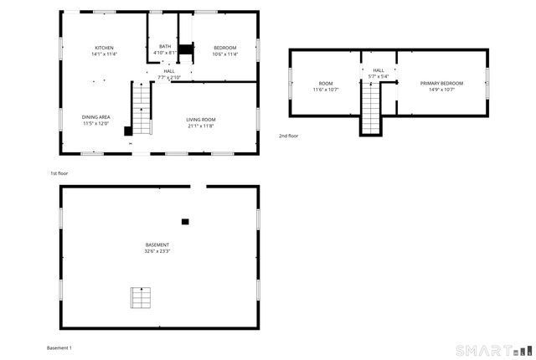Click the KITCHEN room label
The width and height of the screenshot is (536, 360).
(104, 48)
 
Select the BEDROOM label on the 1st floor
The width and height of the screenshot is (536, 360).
(224, 48)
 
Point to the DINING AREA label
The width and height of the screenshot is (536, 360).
(95, 117)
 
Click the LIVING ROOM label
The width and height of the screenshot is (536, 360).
(200, 120)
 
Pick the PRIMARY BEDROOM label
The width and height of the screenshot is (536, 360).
(441, 84)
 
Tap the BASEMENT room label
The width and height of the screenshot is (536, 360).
(157, 244)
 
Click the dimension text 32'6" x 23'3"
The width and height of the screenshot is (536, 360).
(157, 251)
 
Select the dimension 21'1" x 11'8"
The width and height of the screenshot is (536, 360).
(200, 126)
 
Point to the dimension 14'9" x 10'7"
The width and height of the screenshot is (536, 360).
(441, 90)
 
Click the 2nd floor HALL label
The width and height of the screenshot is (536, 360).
(379, 70)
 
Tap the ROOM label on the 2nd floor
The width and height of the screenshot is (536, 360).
(326, 84)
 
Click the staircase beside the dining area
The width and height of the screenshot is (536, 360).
(142, 109)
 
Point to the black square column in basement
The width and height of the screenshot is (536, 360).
(185, 222)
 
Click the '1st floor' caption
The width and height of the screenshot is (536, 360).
(59, 172)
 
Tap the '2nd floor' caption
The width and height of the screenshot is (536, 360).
(288, 136)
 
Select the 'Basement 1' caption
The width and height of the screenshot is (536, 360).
(59, 347)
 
